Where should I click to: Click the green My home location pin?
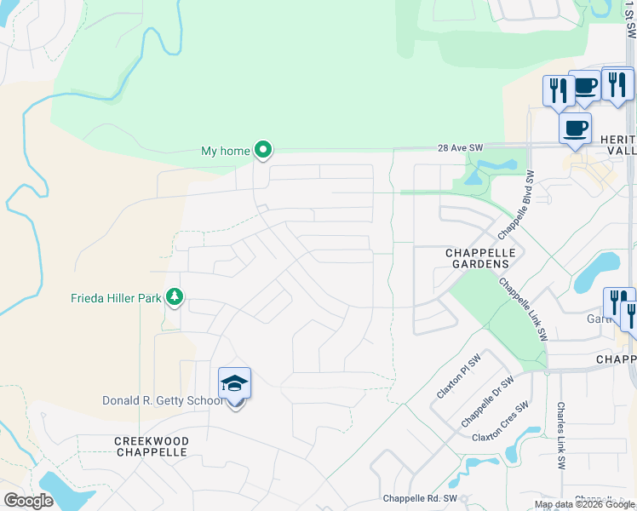click(263, 150)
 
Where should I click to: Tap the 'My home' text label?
click(225, 152)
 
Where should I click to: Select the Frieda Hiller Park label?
click(115, 298)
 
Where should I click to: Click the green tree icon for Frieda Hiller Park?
click(175, 296)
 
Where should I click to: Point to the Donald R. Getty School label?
click(162, 400)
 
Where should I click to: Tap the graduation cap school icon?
click(234, 385)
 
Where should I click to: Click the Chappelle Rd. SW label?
click(420, 498)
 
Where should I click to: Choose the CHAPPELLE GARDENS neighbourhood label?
click(477, 259)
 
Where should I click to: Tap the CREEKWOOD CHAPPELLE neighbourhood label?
click(152, 446)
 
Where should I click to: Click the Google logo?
click(28, 501)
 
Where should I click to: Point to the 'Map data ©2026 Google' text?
click(584, 504)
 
